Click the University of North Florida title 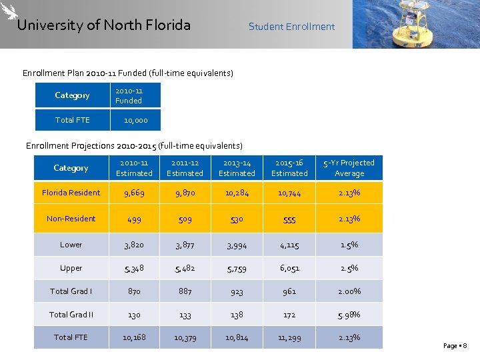click(x=103, y=25)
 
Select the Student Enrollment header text click(x=291, y=27)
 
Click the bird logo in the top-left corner click(x=9, y=12)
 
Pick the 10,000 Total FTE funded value click(x=136, y=120)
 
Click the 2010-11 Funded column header click(x=129, y=95)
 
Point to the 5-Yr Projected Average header click(x=349, y=168)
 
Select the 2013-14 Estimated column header click(x=237, y=168)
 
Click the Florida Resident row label click(x=71, y=193)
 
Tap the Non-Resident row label click(x=71, y=219)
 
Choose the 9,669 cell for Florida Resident click(x=134, y=193)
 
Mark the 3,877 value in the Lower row click(x=185, y=245)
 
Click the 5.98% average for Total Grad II click(x=349, y=315)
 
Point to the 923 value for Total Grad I click(x=237, y=291)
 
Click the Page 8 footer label click(x=455, y=345)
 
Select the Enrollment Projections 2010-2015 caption click(x=134, y=145)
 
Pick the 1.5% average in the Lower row click(x=349, y=245)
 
